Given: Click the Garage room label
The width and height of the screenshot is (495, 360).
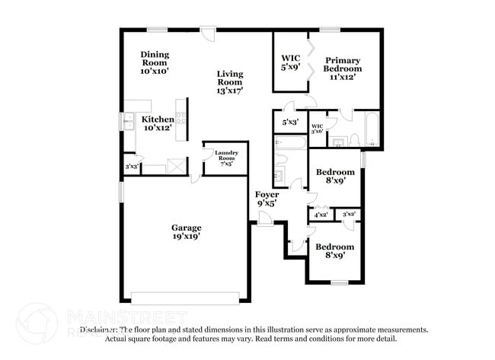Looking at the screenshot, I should pos(186,232).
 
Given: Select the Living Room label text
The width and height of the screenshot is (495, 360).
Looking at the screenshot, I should pos(230,83).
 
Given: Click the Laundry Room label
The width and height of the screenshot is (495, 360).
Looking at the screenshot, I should pos(226,158).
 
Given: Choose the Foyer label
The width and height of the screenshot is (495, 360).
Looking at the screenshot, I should pos(266,199).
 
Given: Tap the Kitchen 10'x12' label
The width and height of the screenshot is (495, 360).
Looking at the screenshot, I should pos(158,123).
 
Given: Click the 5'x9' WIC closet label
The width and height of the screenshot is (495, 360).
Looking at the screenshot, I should pos(290,62).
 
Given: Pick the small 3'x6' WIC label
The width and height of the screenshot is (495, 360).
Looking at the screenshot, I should pos(318,129).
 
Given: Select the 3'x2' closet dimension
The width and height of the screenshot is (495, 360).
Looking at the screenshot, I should pos(350,215).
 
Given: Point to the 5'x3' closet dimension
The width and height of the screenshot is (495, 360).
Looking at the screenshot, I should pos(290,122).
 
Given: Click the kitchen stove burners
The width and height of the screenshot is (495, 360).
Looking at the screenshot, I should pos(180,119).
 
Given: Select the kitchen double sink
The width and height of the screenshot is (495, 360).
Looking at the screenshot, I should pos(127,122).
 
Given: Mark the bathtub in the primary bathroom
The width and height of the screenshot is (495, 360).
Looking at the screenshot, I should pos(371,129).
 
